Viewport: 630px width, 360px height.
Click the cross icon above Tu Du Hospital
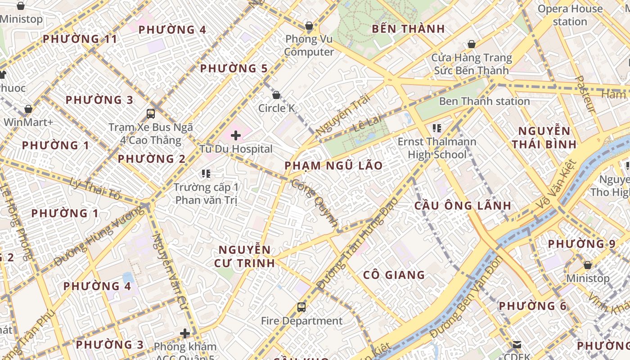pyautogui.click(x=236, y=135)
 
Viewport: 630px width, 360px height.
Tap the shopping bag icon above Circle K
pyautogui.click(x=276, y=95)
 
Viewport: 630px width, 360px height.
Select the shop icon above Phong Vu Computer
pyautogui.click(x=309, y=26)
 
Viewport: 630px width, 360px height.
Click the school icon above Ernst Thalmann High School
pyautogui.click(x=436, y=128)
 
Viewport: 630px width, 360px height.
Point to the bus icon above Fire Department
pyautogui.click(x=301, y=307)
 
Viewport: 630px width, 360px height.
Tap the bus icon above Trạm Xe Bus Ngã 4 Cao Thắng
pyautogui.click(x=151, y=113)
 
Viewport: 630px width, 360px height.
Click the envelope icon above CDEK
pyautogui.click(x=517, y=345)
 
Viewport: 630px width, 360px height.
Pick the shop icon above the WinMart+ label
pyautogui.click(x=28, y=109)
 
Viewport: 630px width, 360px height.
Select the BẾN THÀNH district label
pyautogui.click(x=409, y=29)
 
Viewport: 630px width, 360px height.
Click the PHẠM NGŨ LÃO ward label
pyautogui.click(x=333, y=166)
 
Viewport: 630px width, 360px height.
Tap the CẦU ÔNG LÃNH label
pyautogui.click(x=463, y=206)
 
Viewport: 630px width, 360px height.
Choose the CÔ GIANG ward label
pyautogui.click(x=394, y=274)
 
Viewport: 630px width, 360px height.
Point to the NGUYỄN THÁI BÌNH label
pyautogui.click(x=544, y=138)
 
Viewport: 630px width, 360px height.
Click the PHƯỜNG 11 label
pyautogui.click(x=80, y=39)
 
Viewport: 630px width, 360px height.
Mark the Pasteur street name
pyautogui.click(x=585, y=94)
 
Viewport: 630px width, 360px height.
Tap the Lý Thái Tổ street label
pyautogui.click(x=95, y=189)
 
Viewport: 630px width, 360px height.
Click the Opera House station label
pyautogui.click(x=570, y=15)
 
